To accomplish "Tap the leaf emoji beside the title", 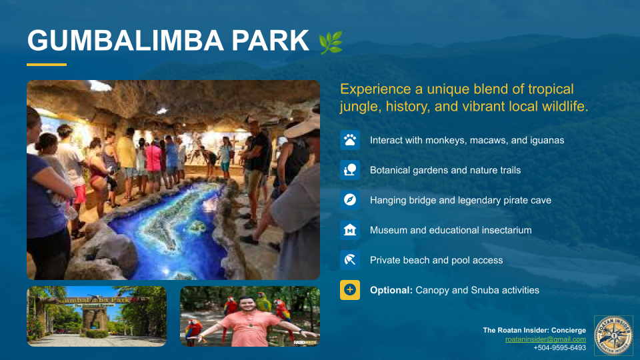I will [x=331, y=42].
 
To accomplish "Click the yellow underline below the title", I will [x=47, y=65].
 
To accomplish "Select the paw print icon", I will [x=350, y=140].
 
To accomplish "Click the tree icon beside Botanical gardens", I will [x=350, y=170].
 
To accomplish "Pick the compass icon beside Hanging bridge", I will [x=350, y=200].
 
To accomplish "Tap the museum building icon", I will [x=350, y=230].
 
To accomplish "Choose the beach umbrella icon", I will [x=350, y=260].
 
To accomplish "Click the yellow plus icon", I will [x=350, y=290].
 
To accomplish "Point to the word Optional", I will [x=391, y=290].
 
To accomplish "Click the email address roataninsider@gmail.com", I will [x=545, y=339].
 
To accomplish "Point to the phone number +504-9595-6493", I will [x=559, y=347].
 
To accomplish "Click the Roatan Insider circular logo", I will [x=613, y=335].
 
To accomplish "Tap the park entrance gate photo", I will [x=97, y=317].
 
